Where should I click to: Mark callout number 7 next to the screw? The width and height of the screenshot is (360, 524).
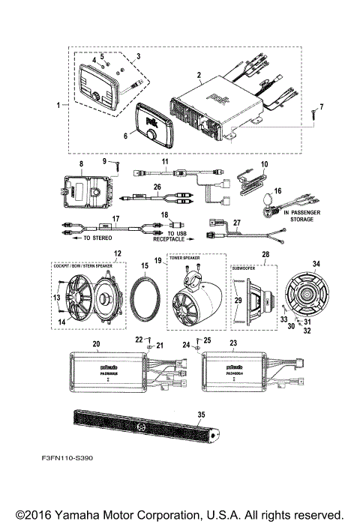[322, 106]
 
